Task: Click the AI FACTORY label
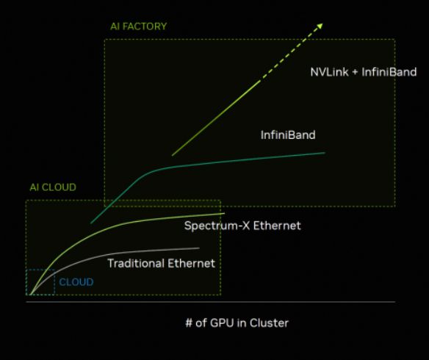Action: pos(138,26)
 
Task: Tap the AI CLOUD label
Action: pos(53,187)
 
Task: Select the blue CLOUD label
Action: pos(76,282)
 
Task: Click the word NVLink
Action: pos(329,72)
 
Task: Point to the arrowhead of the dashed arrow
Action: pos(320,26)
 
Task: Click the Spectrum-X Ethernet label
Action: pos(242,226)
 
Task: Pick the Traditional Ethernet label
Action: pos(162,264)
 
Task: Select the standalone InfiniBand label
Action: pos(288,135)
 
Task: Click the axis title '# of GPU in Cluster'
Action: pos(237,323)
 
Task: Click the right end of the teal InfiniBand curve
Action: pos(325,153)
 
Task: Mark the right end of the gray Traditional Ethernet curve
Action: pos(199,248)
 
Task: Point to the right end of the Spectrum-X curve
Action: pos(224,213)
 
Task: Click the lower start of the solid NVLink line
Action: pos(172,155)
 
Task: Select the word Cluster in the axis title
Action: pos(269,323)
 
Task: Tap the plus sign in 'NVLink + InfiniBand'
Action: pos(355,73)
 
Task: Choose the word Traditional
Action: pos(136,264)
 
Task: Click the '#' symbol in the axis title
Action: pos(189,323)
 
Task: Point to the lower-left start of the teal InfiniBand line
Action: pos(91,223)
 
